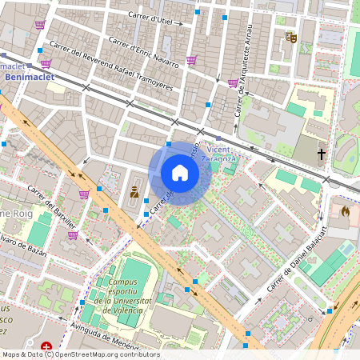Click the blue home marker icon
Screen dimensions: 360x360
[180, 173]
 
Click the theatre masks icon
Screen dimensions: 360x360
[291, 37]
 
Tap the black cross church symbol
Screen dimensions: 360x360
[322, 153]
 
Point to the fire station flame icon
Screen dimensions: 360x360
[345, 212]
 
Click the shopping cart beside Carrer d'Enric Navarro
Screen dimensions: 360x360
[191, 60]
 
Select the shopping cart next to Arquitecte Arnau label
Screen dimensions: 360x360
[232, 82]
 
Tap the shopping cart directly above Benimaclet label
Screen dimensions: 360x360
[46, 63]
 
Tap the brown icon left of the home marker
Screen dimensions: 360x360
[134, 192]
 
